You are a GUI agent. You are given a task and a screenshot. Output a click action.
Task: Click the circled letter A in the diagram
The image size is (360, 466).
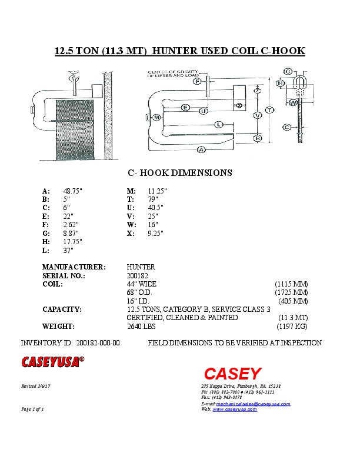tap(201, 150)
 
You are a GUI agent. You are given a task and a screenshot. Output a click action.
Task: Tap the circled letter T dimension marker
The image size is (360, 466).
tap(269, 110)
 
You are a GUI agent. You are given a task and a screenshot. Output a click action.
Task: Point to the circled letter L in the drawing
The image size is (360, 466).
tap(218, 124)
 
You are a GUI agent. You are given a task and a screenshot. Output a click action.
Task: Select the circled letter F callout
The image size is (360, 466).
tap(198, 81)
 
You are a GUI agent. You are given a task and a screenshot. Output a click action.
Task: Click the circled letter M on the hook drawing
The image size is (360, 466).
tap(156, 118)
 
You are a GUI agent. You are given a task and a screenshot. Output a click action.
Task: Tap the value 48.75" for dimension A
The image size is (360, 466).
tap(73, 191)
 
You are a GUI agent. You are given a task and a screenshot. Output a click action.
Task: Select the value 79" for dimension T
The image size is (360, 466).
tap(154, 199)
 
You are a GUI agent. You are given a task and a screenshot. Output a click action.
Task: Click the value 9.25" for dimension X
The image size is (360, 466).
tap(156, 234)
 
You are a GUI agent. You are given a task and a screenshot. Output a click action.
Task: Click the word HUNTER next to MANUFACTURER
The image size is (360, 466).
tap(141, 267)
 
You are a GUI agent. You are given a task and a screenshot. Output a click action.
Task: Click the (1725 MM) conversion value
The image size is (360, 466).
tap(291, 292)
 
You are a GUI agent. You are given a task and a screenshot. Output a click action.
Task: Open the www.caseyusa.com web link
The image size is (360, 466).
tap(235, 410)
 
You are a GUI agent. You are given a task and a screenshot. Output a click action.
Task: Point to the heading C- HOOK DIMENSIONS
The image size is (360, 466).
tap(180, 174)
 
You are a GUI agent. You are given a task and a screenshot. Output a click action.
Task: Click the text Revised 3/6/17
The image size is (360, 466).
tap(35, 386)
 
